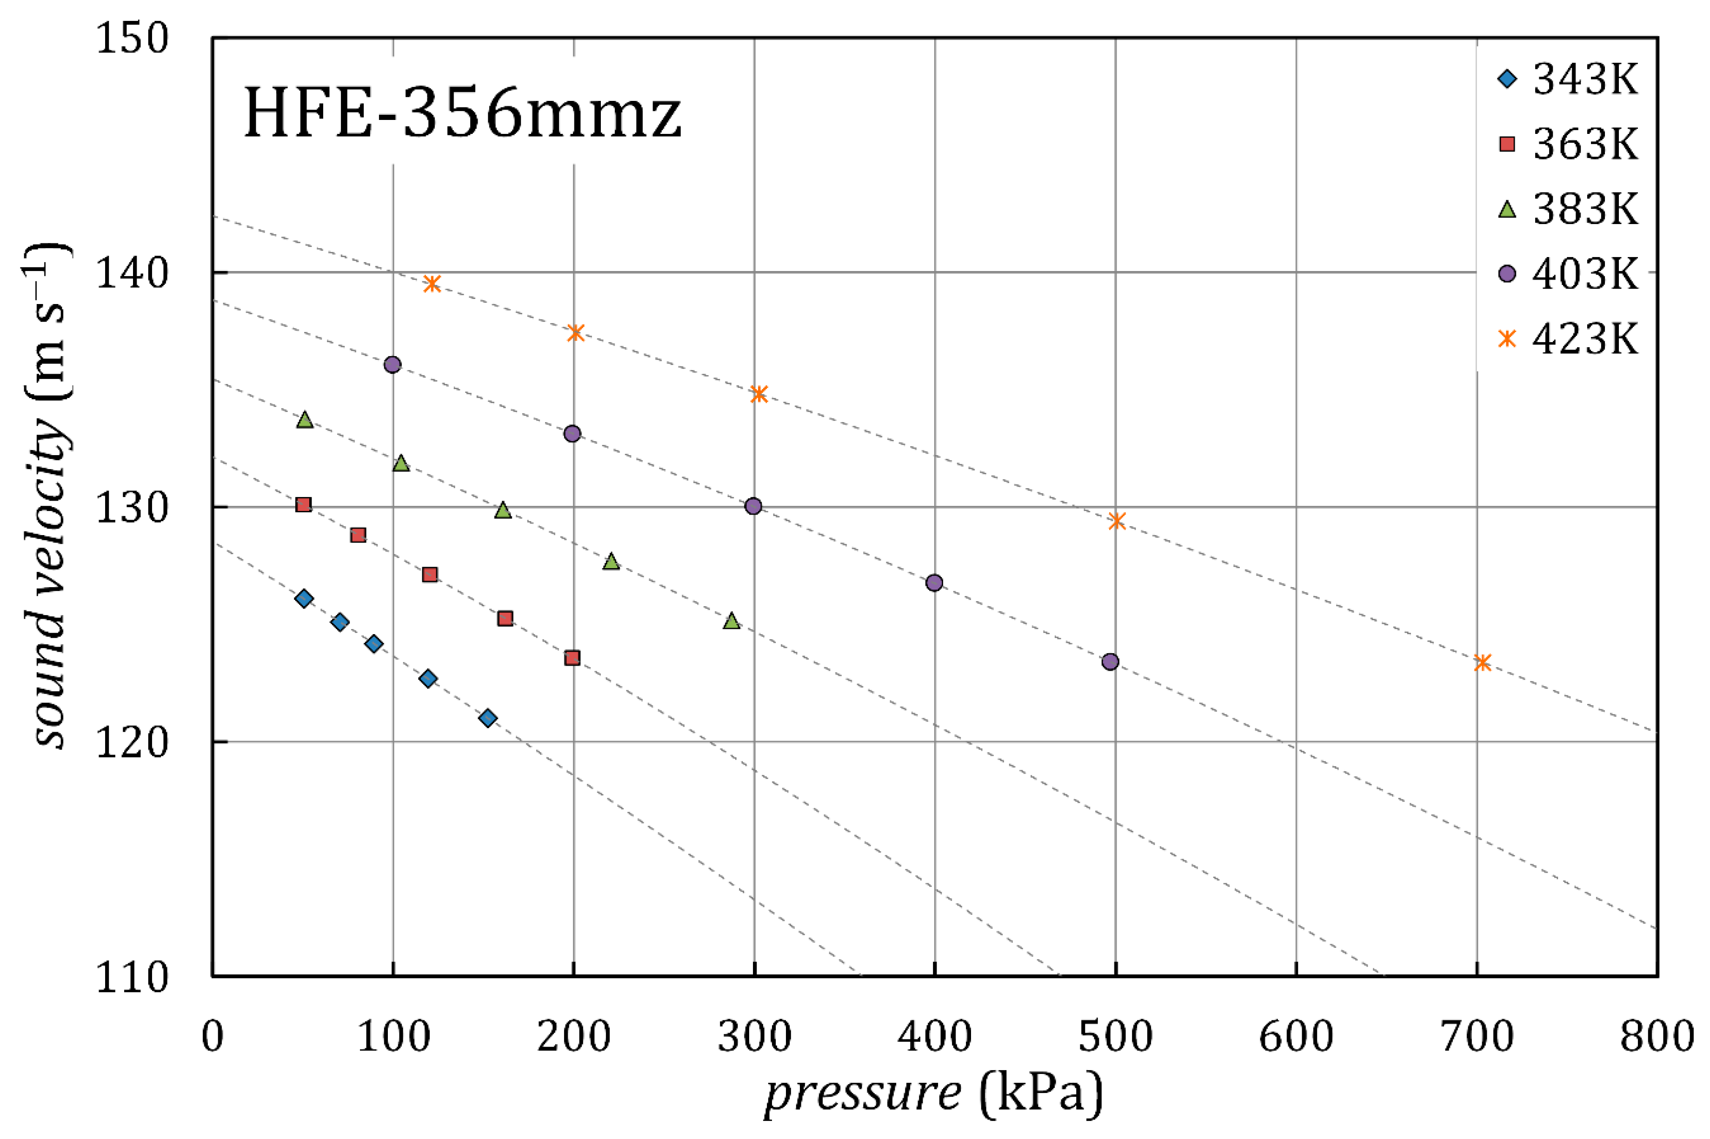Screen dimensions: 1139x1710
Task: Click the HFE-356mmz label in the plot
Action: [463, 114]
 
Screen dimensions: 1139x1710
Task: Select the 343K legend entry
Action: [1569, 79]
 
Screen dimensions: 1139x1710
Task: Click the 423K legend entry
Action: [1569, 338]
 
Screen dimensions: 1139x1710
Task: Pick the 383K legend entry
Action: [1569, 209]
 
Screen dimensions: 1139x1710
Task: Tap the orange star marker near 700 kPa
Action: [1483, 662]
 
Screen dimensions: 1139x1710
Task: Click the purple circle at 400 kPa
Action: [934, 583]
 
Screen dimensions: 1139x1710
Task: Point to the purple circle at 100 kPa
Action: [392, 364]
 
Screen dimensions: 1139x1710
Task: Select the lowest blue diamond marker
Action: [488, 718]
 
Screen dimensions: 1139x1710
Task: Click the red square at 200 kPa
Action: [572, 658]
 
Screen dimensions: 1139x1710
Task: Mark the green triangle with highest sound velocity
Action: [305, 420]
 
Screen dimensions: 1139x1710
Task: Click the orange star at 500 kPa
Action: [1117, 521]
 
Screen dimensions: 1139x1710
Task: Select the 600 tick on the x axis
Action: [1296, 1037]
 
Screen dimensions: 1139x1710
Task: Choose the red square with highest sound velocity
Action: [304, 505]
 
